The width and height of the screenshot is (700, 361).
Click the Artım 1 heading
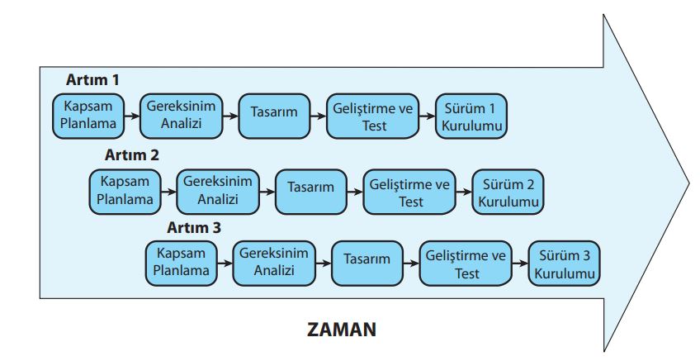pyautogui.click(x=92, y=80)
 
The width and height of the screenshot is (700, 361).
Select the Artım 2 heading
pyautogui.click(x=132, y=155)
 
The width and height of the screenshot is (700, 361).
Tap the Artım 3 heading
pyautogui.click(x=194, y=227)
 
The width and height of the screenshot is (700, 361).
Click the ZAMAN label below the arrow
pyautogui.click(x=342, y=330)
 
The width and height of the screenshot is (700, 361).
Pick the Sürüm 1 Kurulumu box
pyautogui.click(x=471, y=116)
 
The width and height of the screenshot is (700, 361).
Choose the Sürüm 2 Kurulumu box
pyautogui.click(x=508, y=192)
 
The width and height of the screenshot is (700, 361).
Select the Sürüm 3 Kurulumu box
pyautogui.click(x=565, y=264)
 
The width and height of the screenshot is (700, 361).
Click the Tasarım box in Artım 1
pyautogui.click(x=274, y=116)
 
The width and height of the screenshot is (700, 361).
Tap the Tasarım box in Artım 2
pyautogui.click(x=310, y=192)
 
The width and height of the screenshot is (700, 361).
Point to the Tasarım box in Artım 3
pyautogui.click(x=367, y=264)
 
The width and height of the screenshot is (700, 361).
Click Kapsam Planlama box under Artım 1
pyautogui.click(x=88, y=116)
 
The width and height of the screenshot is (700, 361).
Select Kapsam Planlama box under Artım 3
pyautogui.click(x=182, y=264)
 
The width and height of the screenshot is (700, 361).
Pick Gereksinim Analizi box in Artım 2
pyautogui.click(x=218, y=192)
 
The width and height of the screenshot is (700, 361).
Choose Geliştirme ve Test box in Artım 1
pyautogui.click(x=373, y=116)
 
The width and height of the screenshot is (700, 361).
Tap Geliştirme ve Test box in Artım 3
pyautogui.click(x=466, y=264)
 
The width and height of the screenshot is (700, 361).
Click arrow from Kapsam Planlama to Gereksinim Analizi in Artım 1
pyautogui.click(x=132, y=116)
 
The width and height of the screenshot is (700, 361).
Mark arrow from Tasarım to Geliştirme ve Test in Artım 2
pyautogui.click(x=355, y=192)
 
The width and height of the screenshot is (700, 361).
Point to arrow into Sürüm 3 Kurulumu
pyautogui.click(x=520, y=264)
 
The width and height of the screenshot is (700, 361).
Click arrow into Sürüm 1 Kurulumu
pyautogui.click(x=428, y=116)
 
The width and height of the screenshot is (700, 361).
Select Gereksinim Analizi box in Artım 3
pyautogui.click(x=274, y=264)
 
